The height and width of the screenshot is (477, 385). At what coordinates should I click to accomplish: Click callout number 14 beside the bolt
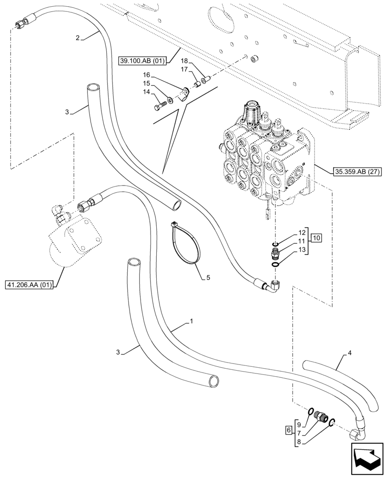click(146, 92)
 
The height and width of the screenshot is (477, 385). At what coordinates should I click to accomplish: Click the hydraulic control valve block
click(264, 157)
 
